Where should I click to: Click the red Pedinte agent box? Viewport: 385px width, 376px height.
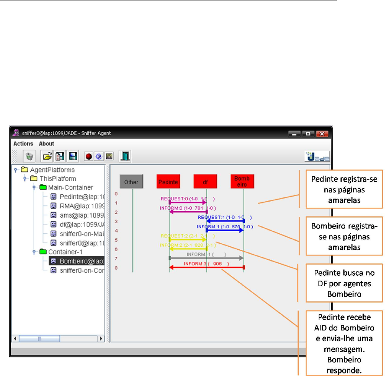click(169, 182)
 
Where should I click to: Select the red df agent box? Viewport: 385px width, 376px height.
click(206, 182)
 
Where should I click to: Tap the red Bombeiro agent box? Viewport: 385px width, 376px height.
click(242, 181)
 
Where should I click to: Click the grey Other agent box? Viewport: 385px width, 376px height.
click(131, 182)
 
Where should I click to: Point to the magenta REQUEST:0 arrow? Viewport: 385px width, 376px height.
click(187, 203)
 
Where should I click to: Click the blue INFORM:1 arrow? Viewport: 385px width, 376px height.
click(225, 230)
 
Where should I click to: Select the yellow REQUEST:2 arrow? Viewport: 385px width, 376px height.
click(187, 239)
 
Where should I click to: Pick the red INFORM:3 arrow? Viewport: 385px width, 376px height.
click(207, 268)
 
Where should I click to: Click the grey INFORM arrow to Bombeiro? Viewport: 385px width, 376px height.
click(206, 258)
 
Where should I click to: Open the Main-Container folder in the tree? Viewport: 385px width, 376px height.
click(70, 187)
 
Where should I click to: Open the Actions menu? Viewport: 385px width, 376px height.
click(23, 144)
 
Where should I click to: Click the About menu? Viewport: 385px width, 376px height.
click(46, 144)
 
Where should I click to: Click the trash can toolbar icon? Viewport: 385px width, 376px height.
click(29, 156)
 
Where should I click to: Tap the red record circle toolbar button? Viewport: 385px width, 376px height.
click(88, 156)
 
